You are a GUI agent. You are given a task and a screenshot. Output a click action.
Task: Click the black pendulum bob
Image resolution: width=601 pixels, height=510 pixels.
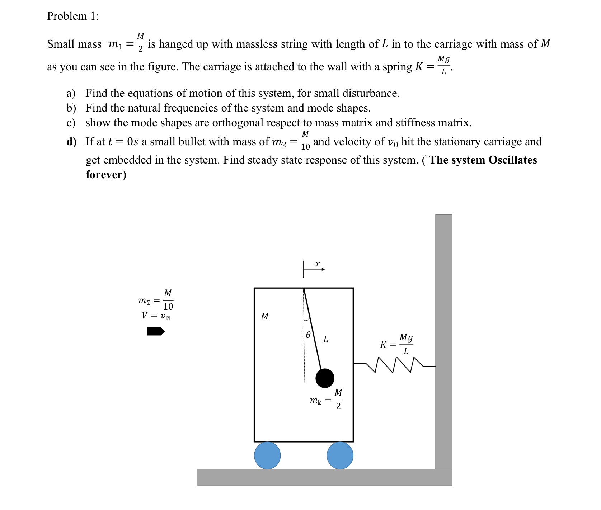tap(325, 378)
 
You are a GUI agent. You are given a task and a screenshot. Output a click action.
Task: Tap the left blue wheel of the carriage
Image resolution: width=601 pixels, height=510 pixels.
tap(267, 455)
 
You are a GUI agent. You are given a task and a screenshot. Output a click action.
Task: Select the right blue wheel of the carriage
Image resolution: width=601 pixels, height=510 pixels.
tap(340, 455)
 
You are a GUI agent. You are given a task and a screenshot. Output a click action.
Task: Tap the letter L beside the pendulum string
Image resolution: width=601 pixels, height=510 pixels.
tap(326, 339)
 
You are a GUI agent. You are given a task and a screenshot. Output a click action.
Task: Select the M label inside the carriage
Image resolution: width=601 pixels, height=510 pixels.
tap(265, 316)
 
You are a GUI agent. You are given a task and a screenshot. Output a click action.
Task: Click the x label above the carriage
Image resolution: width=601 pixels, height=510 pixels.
tap(317, 264)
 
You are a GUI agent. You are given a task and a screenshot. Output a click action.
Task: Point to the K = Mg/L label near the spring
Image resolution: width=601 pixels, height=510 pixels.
tap(396, 344)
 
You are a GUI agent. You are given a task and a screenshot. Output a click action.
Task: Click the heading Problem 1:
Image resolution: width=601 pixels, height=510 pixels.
tap(73, 16)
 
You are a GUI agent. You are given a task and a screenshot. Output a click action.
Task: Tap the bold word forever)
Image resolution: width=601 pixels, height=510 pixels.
tap(106, 175)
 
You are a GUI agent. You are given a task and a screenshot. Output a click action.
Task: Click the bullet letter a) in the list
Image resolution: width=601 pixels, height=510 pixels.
tap(71, 94)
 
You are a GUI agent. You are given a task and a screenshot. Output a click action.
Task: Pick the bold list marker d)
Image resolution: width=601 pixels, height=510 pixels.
tap(71, 142)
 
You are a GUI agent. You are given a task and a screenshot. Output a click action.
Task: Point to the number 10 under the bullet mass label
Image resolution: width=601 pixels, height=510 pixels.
tap(168, 307)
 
